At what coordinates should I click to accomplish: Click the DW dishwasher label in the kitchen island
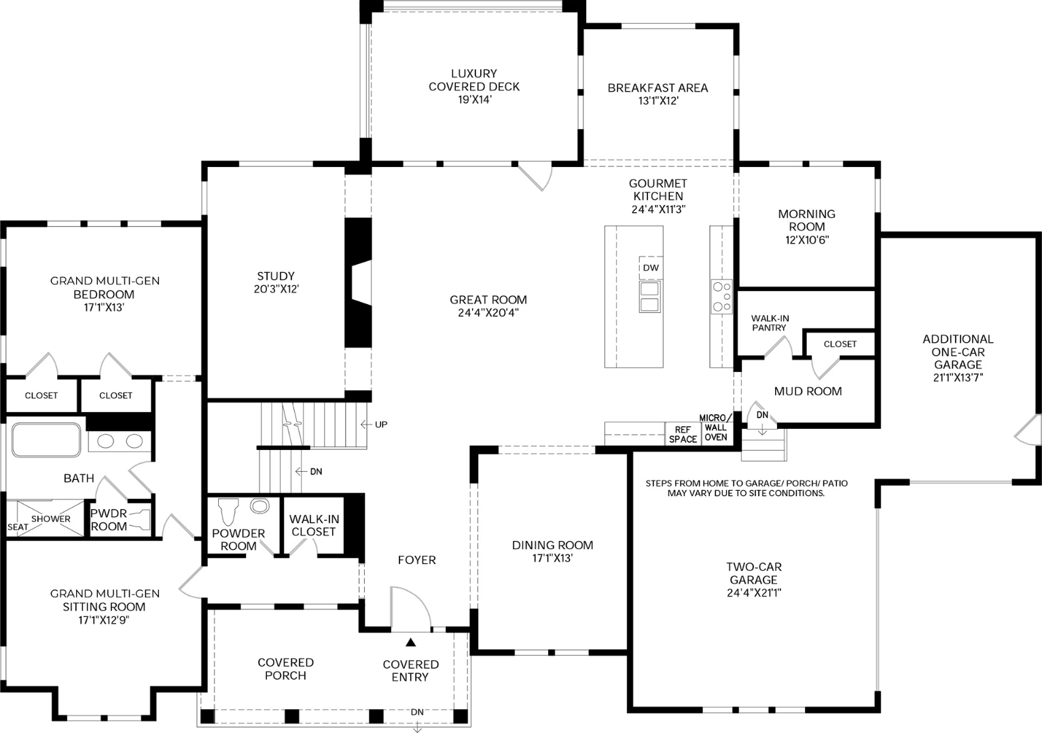(x=651, y=267)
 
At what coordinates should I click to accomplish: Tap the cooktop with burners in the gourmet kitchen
(x=721, y=296)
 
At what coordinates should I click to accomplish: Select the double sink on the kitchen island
(x=650, y=297)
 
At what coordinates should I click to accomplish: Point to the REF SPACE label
(x=683, y=434)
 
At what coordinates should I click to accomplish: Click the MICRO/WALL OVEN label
(x=715, y=427)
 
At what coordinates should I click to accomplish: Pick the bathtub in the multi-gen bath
(x=46, y=439)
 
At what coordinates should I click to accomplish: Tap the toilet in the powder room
(x=228, y=511)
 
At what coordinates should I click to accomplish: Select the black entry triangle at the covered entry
(x=410, y=642)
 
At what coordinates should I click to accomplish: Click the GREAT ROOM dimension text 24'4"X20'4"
(x=488, y=313)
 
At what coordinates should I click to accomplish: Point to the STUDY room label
(x=276, y=276)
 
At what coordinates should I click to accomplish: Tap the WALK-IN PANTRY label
(x=770, y=323)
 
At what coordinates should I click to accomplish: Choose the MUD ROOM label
(x=808, y=392)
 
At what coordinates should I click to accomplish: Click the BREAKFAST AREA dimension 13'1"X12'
(x=658, y=101)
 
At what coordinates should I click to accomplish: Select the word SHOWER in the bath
(x=51, y=519)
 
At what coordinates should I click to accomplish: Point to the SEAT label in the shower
(x=18, y=527)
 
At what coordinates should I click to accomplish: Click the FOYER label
(x=417, y=560)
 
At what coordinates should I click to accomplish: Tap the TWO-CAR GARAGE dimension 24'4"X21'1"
(x=754, y=593)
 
